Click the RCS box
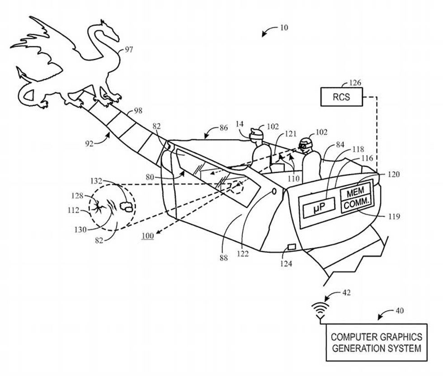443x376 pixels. [x=341, y=97]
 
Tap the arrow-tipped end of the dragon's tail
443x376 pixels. [x=20, y=71]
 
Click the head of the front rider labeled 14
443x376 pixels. [x=256, y=134]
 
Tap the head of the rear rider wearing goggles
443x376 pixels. [x=305, y=145]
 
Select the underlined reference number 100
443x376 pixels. [x=147, y=235]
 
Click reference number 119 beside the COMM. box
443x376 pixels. [x=393, y=216]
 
